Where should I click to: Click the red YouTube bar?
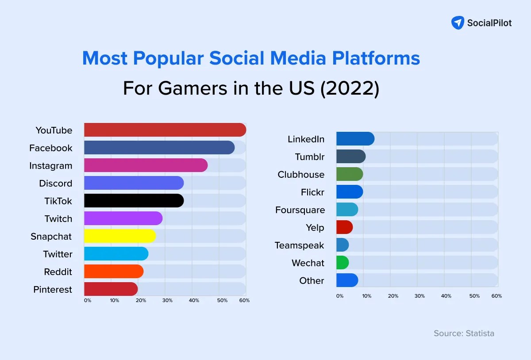pos(165,130)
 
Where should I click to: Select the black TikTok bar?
pos(134,201)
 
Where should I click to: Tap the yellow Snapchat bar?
pos(119,236)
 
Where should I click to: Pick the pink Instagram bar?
pos(146,165)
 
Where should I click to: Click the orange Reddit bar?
pos(114,272)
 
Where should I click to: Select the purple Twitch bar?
pos(123,218)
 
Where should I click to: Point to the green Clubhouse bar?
pos(349,174)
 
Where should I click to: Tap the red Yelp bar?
pos(344,227)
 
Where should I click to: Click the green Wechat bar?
pos(342,263)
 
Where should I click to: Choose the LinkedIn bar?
pos(355,139)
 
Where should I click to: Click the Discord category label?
pos(55,183)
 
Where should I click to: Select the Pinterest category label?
pos(52,289)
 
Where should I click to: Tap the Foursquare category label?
pos(300,210)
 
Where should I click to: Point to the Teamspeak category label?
pos(299,245)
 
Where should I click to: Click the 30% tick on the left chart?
pos(167,301)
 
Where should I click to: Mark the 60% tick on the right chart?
pos(496,296)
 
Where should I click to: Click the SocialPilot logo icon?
pos(458,23)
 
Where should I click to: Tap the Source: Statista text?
pos(464,333)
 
